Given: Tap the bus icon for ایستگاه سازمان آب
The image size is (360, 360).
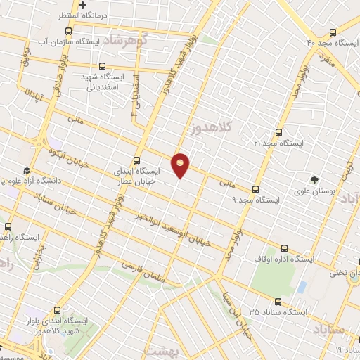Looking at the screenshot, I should (68, 32).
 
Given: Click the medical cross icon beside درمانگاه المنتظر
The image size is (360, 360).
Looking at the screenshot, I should (82, 5).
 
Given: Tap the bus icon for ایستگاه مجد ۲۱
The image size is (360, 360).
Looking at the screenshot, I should (279, 131).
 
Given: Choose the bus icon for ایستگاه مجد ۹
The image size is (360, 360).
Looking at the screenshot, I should (255, 188).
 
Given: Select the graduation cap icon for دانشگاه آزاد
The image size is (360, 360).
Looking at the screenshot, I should (26, 171).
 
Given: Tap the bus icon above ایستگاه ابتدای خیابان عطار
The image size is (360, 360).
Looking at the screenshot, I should (136, 160).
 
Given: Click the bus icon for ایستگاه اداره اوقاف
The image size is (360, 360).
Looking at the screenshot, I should (285, 247).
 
